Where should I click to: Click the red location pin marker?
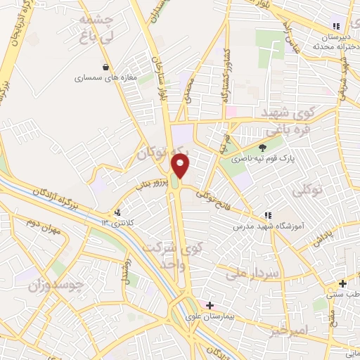coord(181,166)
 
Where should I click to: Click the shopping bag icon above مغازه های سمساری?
coord(105,67)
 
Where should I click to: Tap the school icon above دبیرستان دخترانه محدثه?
coord(337,26)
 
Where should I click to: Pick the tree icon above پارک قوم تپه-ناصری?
coord(262,148)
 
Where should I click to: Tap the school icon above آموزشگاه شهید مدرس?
coord(266,215)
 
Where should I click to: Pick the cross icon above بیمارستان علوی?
coord(209,305)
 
